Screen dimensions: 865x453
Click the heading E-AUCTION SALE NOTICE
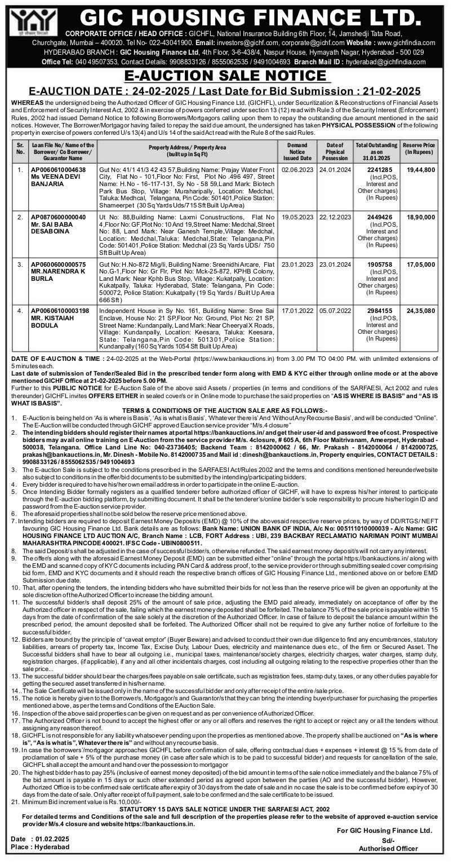[x=226, y=77]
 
